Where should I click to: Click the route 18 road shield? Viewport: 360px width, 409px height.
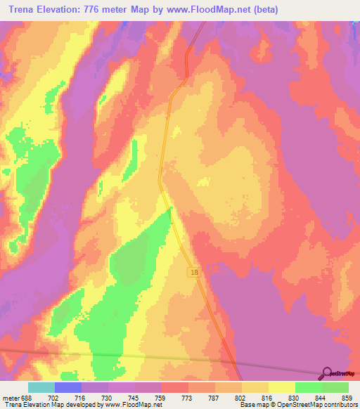point(193,271)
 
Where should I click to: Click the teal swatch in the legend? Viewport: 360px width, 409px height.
point(41,387)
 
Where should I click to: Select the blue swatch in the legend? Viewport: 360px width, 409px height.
point(68,387)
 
